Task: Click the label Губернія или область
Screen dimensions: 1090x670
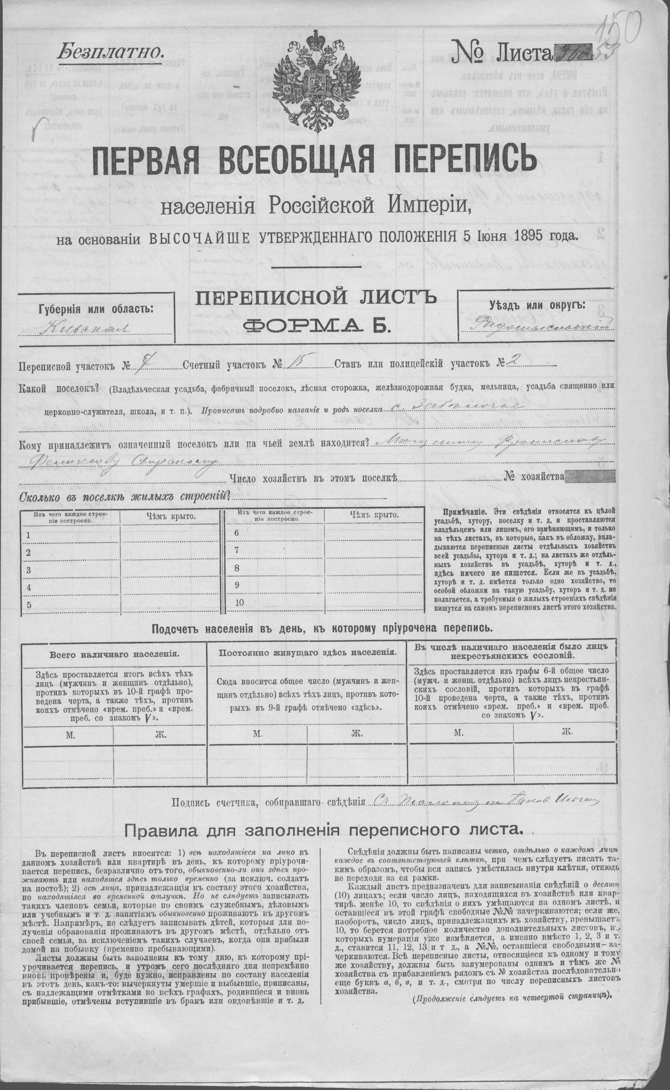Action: tap(96, 309)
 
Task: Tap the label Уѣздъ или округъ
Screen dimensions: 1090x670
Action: tap(537, 305)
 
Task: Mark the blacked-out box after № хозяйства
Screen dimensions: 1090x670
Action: tap(591, 477)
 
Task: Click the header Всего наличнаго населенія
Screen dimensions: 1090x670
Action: tap(114, 654)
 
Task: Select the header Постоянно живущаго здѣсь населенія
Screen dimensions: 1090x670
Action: tap(308, 653)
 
